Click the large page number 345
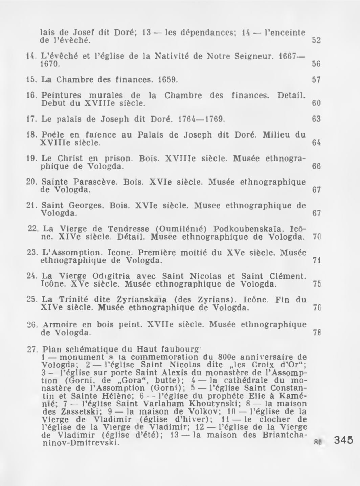(x=343, y=440)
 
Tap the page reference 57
(x=316, y=80)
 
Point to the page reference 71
(x=316, y=261)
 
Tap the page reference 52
(x=316, y=40)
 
